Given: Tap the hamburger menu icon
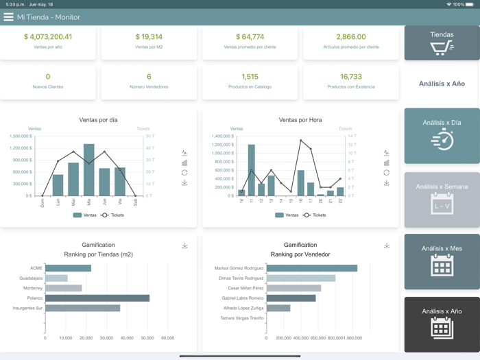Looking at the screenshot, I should pyautogui.click(x=9, y=17).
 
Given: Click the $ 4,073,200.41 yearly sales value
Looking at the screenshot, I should pyautogui.click(x=47, y=37).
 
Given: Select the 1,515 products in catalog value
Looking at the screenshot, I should pyautogui.click(x=250, y=77).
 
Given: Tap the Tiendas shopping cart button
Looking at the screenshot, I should pyautogui.click(x=442, y=43).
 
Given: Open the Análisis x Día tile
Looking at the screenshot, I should pyautogui.click(x=442, y=135).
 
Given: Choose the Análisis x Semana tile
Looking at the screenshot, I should pyautogui.click(x=442, y=200).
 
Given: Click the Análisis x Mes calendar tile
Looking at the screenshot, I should pyautogui.click(x=442, y=261).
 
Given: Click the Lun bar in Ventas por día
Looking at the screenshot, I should pyautogui.click(x=58, y=185).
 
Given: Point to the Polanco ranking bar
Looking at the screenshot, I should pyautogui.click(x=97, y=298).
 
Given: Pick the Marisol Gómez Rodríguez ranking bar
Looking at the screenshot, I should pyautogui.click(x=311, y=268).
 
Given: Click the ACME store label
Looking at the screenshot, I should pyautogui.click(x=36, y=268).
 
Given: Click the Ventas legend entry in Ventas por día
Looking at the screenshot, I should pyautogui.click(x=82, y=215).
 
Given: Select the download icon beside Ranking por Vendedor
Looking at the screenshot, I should pyautogui.click(x=387, y=245).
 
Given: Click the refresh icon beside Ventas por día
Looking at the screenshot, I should pyautogui.click(x=184, y=173).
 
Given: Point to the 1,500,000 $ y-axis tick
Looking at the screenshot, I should pyautogui.click(x=21, y=136).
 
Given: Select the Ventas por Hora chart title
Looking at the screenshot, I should pyautogui.click(x=300, y=120).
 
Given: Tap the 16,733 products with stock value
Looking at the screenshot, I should pyautogui.click(x=350, y=77).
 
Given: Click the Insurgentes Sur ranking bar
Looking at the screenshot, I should pyautogui.click(x=82, y=309).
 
